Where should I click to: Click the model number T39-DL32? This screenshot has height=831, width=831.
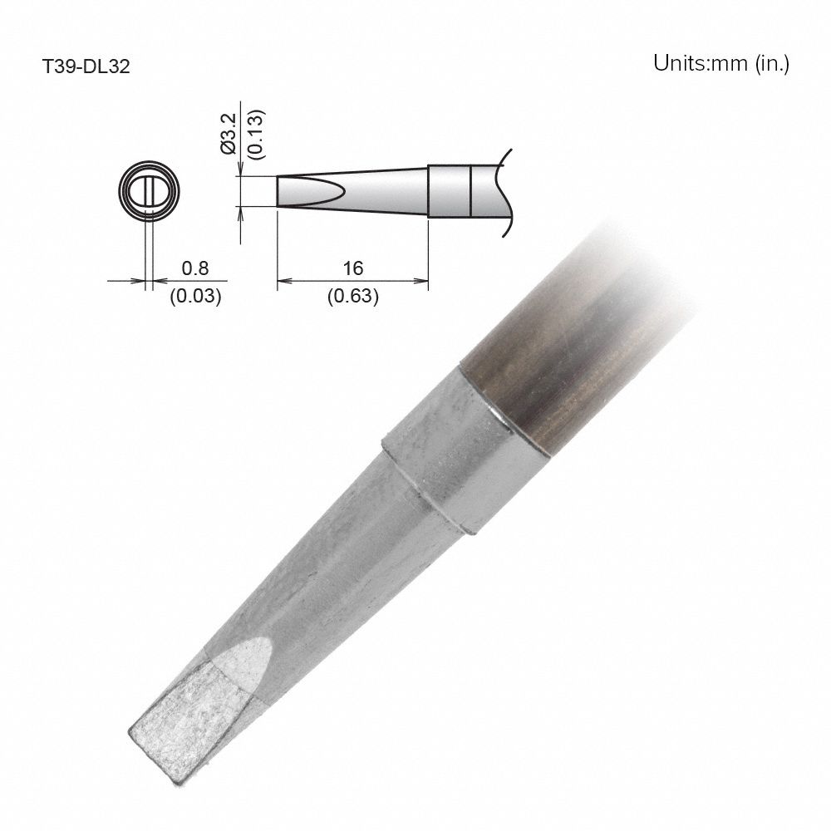tap(86, 66)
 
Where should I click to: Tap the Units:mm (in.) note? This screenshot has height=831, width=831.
tap(720, 64)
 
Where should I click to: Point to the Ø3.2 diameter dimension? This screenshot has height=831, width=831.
tap(230, 132)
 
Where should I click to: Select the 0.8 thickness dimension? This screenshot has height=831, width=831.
tap(195, 268)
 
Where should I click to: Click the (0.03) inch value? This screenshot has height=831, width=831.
tap(195, 296)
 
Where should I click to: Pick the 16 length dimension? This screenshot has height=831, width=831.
tap(353, 268)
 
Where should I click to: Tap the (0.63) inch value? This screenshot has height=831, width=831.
tap(353, 296)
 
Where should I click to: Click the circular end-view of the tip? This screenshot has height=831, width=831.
tap(149, 190)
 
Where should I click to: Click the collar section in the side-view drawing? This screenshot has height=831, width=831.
tap(450, 192)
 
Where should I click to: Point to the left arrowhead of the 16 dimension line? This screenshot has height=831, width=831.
tap(281, 281)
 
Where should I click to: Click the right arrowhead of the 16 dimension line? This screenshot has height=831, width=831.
tap(424, 281)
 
